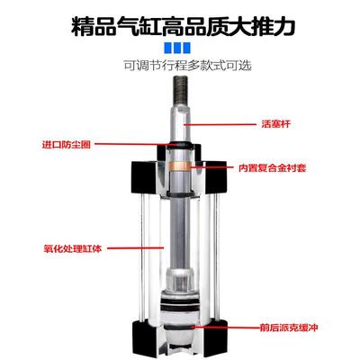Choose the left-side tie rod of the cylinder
(x=147, y=261)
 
